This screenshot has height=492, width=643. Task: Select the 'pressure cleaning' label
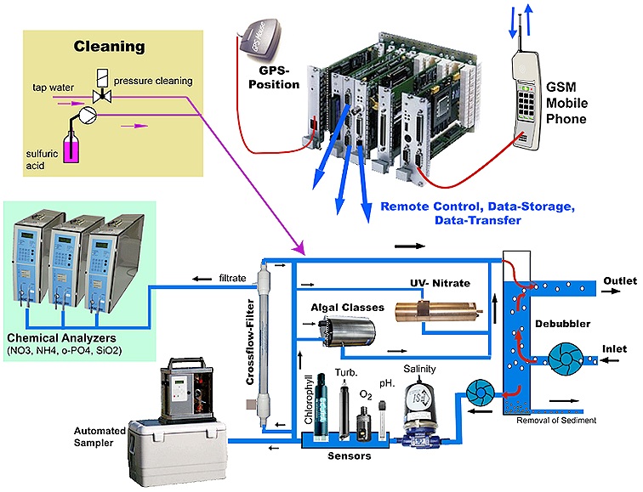[x=161, y=81]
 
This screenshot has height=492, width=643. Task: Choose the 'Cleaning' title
[x=108, y=46]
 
